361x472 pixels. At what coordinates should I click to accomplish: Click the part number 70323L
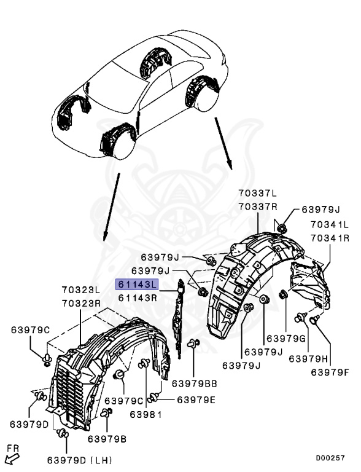click(x=81, y=289)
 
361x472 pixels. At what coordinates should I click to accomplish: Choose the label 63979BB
click(x=195, y=384)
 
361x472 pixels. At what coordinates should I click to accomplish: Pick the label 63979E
click(x=196, y=399)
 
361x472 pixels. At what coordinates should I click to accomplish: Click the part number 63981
click(x=146, y=414)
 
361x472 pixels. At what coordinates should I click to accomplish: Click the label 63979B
click(x=107, y=439)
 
